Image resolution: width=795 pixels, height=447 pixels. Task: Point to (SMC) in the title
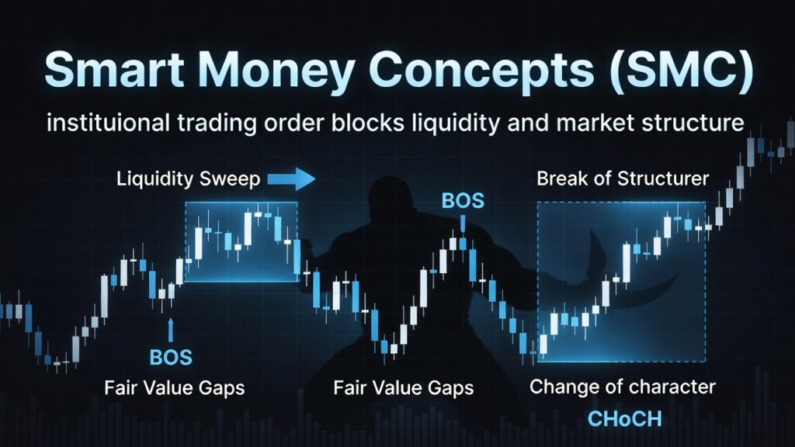point(682,71)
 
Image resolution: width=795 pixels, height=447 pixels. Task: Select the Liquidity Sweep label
point(188,179)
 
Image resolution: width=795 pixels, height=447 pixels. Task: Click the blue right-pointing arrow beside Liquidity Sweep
point(291,178)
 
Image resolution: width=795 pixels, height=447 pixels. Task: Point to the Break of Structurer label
point(623,178)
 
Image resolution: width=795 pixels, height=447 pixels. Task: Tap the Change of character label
point(622,386)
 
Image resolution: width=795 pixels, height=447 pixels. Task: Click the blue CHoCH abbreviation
point(625,419)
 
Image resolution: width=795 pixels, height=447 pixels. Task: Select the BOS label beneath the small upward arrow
point(171,357)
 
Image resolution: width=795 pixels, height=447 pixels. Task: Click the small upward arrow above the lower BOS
point(170,331)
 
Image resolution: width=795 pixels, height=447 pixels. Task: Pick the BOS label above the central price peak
point(463,201)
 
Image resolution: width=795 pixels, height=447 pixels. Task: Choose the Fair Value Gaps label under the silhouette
point(404,388)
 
